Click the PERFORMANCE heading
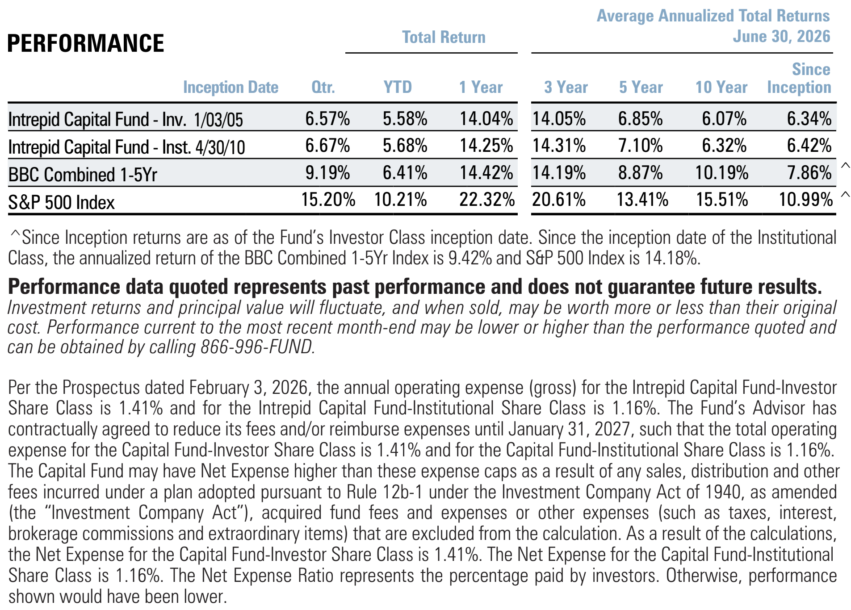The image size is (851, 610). pos(86,43)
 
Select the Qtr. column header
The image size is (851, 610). pos(323,87)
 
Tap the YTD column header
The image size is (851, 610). pos(398,87)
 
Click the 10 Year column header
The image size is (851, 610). pos(721,87)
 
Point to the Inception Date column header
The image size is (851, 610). pos(231,88)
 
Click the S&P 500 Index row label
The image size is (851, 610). pos(62,202)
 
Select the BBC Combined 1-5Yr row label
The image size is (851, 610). pos(83,175)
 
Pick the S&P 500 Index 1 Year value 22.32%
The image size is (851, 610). pos(487,199)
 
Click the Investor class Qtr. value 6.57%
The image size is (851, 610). pos(327,119)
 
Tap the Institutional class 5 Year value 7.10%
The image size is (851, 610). pos(640,146)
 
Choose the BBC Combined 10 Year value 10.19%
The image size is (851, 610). pos(721,172)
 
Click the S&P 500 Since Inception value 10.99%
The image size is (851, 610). pos(806,199)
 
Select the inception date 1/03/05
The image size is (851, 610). pos(218,120)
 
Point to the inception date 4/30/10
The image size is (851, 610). pos(220,147)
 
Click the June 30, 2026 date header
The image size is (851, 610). pos(781,37)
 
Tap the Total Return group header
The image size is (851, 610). pos(444,37)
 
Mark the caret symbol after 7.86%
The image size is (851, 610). pos(845,166)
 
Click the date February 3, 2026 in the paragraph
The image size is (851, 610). pos(248,388)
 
